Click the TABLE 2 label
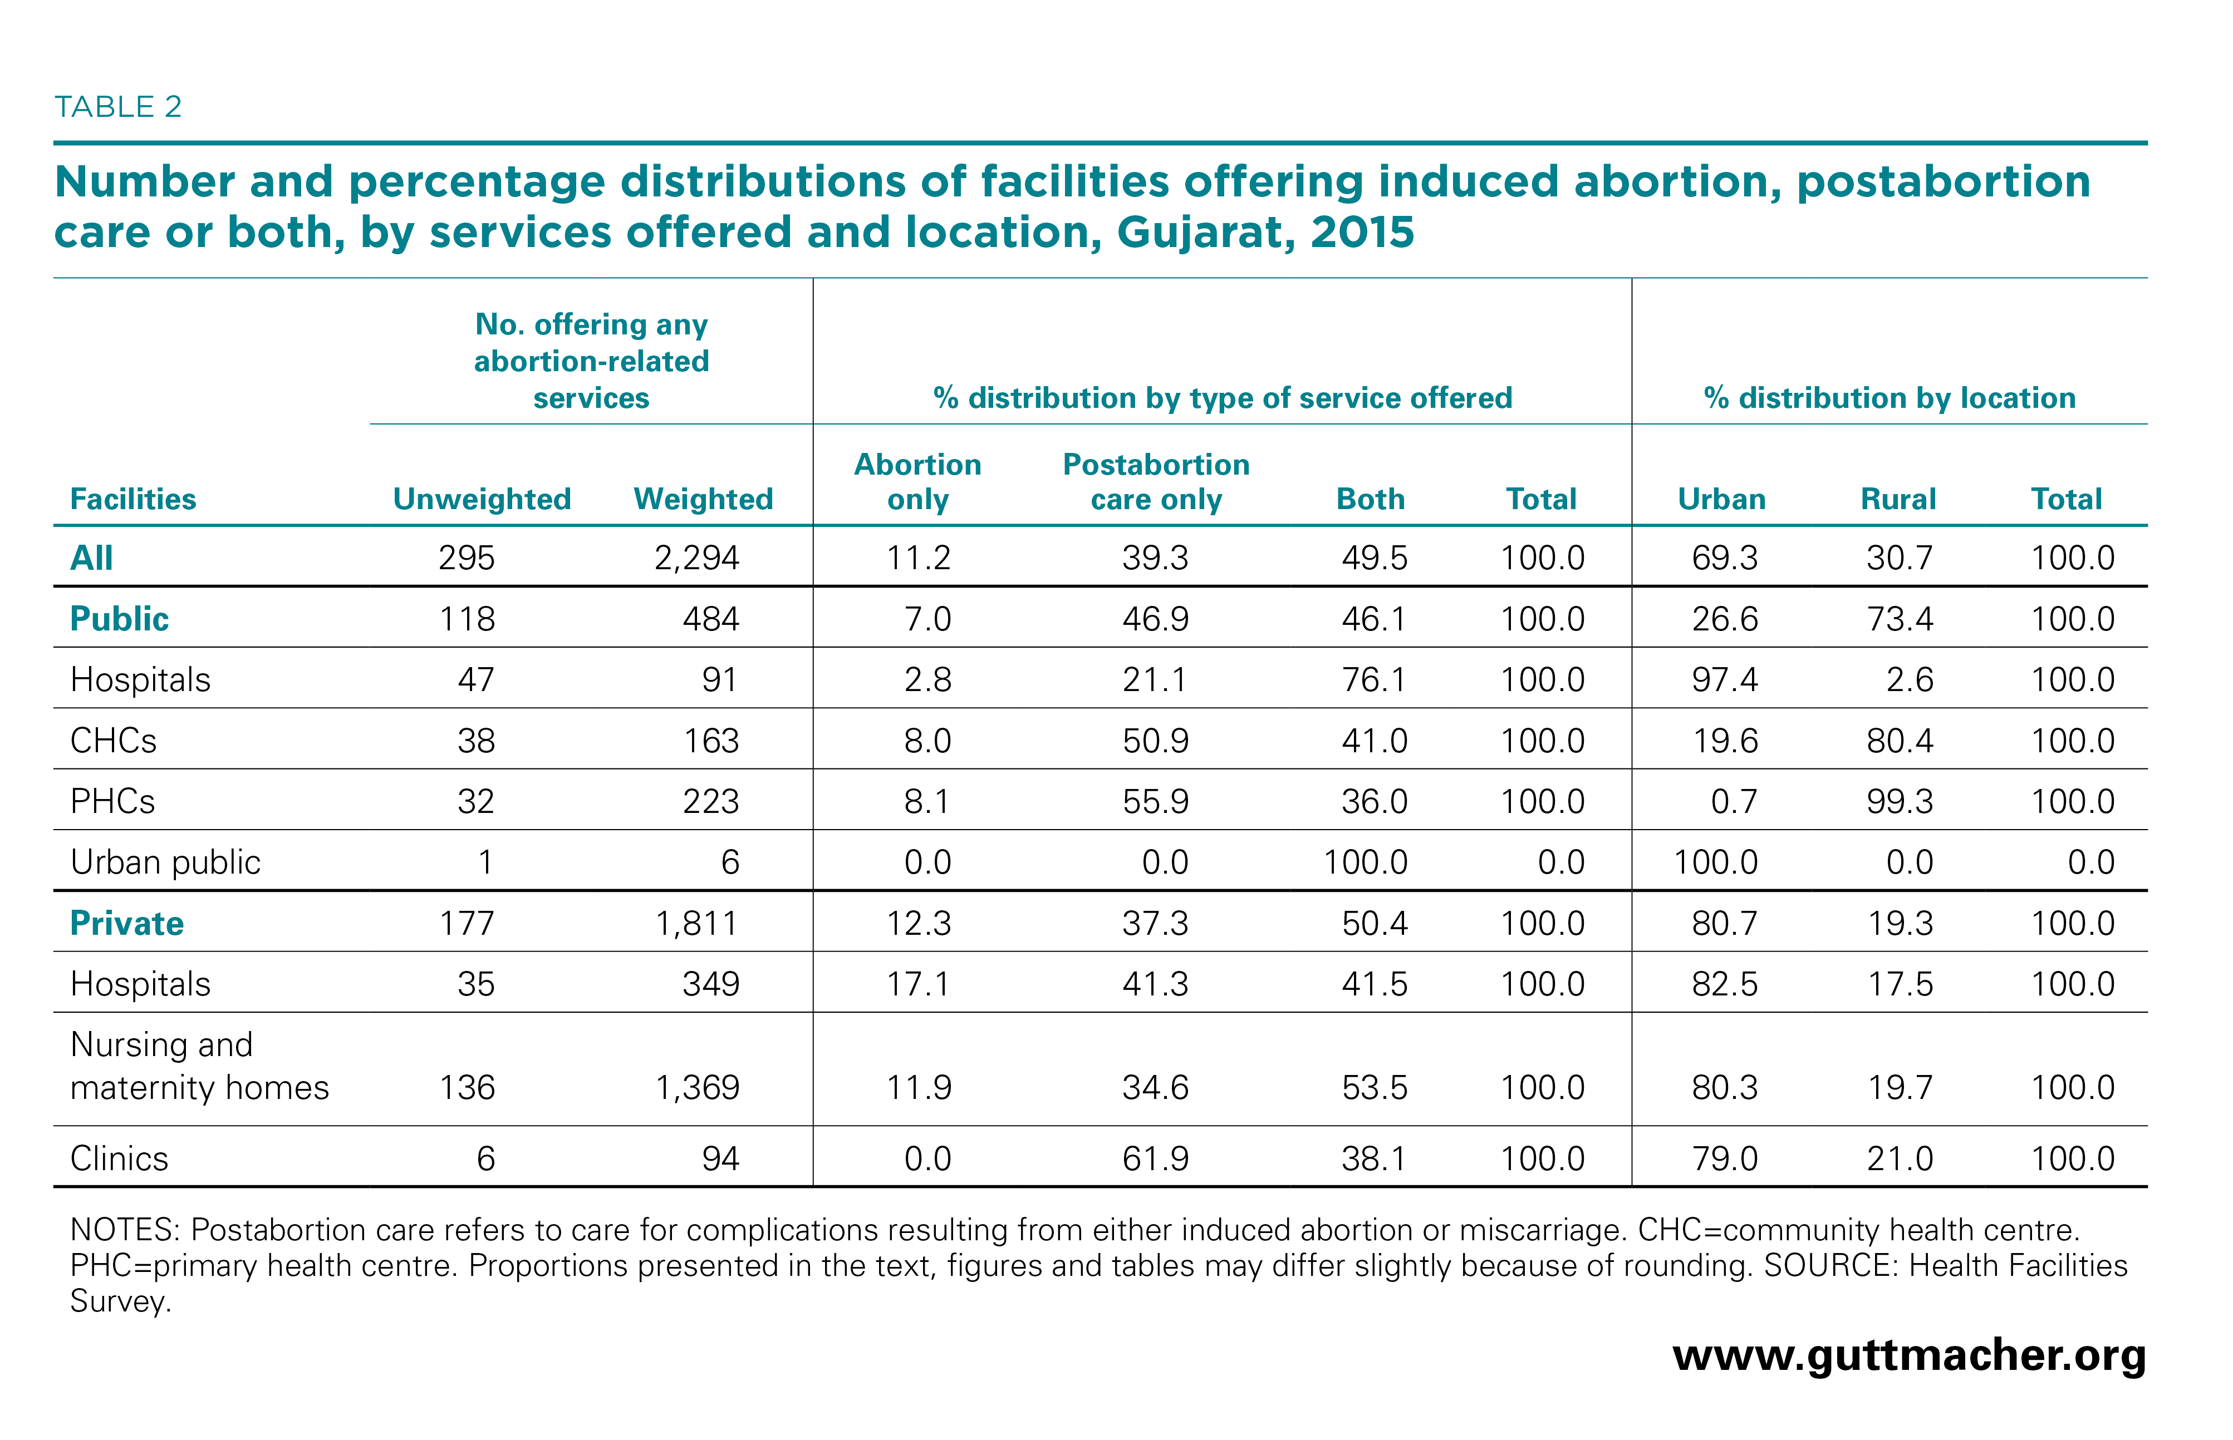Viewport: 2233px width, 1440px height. (118, 107)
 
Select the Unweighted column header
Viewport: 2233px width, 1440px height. (482, 499)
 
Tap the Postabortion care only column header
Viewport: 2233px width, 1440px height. (1156, 481)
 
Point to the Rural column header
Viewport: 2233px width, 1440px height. (1898, 499)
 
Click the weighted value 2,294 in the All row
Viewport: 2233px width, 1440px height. (697, 558)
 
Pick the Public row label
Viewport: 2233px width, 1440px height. (120, 619)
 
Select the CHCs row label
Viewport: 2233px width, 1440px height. (113, 741)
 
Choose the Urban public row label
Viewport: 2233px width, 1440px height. (165, 862)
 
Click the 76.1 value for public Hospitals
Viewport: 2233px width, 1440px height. (1373, 680)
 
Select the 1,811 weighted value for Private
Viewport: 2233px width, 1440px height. (697, 924)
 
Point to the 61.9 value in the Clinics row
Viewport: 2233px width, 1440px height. (1155, 1158)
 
